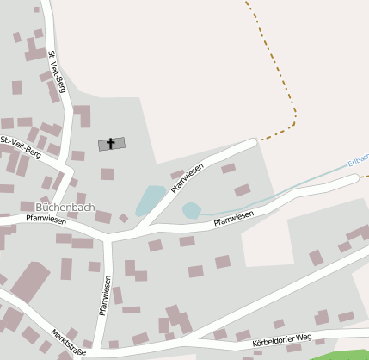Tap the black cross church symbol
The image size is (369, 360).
click(x=111, y=144)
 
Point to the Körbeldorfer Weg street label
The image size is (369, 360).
click(x=278, y=343)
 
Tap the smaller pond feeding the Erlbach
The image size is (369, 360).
click(x=191, y=210)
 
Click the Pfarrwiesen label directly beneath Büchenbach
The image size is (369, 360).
click(x=46, y=220)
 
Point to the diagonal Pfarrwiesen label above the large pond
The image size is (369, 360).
click(x=188, y=177)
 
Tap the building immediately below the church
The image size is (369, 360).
click(x=107, y=174)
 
